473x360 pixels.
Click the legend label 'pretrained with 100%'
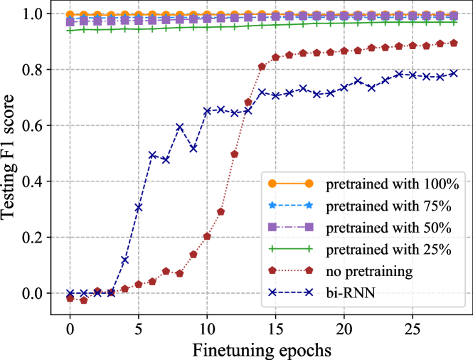393,184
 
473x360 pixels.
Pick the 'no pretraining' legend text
368,271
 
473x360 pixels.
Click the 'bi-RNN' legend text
351,292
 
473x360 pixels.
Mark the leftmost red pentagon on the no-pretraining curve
70,299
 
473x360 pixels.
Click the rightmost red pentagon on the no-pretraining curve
453,43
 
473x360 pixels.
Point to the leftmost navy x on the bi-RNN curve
70,292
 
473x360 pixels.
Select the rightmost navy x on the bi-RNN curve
453,73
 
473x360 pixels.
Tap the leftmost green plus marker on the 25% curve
70,31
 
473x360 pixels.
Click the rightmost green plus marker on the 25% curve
453,22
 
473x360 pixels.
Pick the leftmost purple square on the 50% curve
70,23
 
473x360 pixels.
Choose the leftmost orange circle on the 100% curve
70,14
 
